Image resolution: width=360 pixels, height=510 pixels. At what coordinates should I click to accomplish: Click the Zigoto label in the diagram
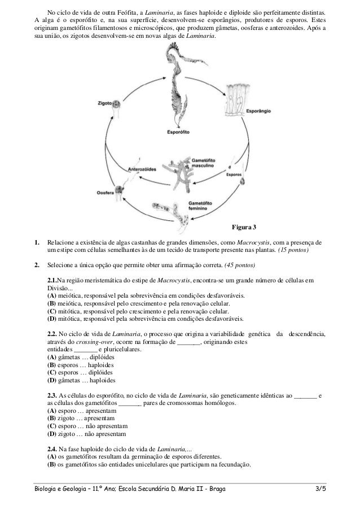[104, 104]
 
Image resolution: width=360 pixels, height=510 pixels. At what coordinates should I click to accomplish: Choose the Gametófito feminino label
[203, 205]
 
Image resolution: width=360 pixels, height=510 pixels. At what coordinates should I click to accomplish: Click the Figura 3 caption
[244, 228]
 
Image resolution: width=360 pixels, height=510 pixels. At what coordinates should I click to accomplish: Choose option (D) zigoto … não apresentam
[87, 434]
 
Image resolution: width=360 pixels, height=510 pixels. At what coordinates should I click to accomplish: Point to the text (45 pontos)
[240, 265]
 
